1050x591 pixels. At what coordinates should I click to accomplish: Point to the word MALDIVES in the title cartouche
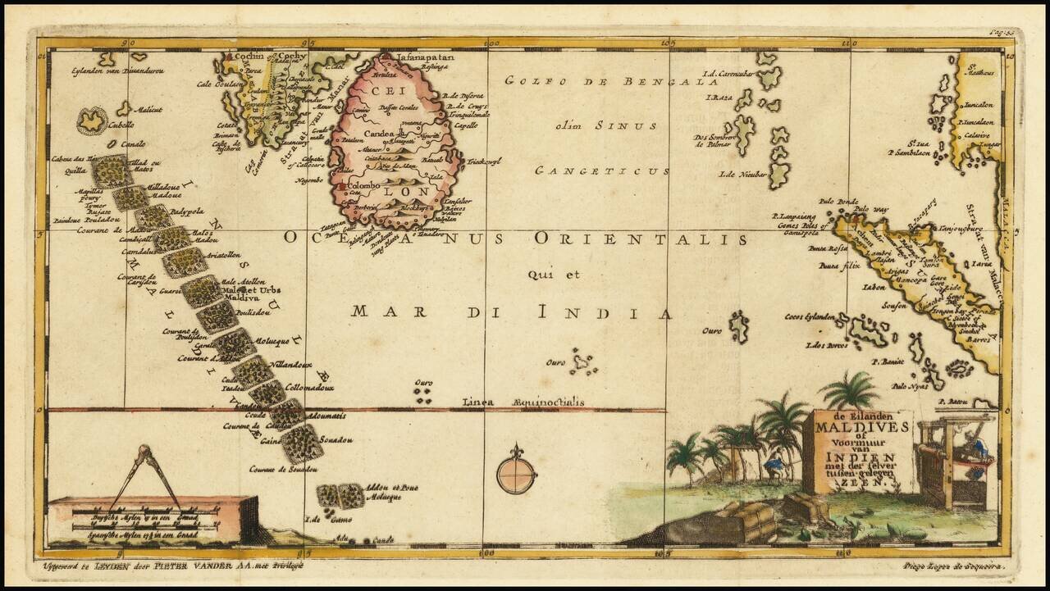pyautogui.click(x=861, y=426)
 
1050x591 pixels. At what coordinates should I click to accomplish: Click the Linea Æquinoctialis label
pyautogui.click(x=523, y=402)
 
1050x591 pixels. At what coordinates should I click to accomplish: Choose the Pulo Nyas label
pyautogui.click(x=910, y=385)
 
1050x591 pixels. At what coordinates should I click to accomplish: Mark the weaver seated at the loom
pyautogui.click(x=975, y=448)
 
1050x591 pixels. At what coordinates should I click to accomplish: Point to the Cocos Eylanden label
pyautogui.click(x=809, y=316)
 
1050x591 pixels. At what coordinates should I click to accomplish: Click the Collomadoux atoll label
pyautogui.click(x=310, y=386)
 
